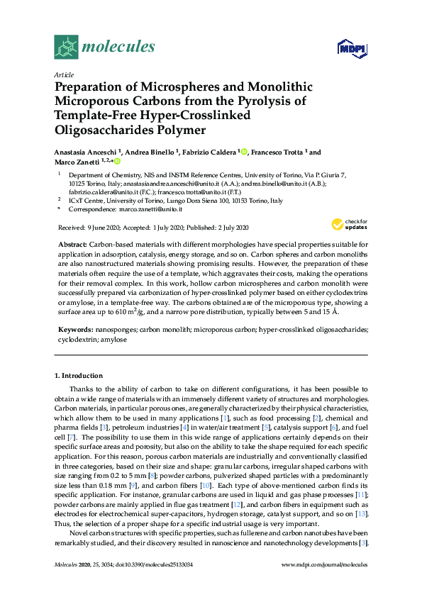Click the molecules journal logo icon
click(x=66, y=47)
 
